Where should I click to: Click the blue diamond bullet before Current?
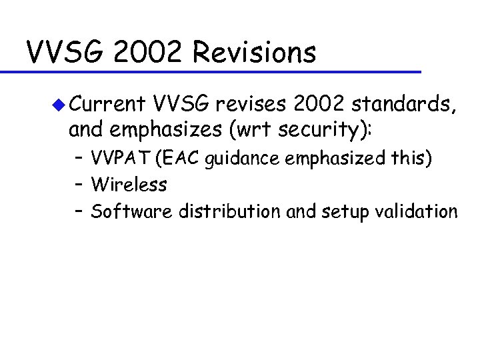point(59,105)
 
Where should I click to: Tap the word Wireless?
point(129,185)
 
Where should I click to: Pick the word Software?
point(129,211)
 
